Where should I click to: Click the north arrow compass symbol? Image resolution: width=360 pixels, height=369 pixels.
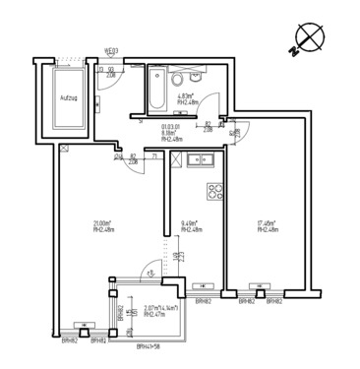coord(312,38)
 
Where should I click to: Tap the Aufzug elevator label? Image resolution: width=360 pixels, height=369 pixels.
coord(69,99)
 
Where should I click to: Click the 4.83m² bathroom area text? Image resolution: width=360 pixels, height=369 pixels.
coord(188,96)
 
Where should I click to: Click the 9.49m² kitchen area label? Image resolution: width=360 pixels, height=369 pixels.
coord(192,222)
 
